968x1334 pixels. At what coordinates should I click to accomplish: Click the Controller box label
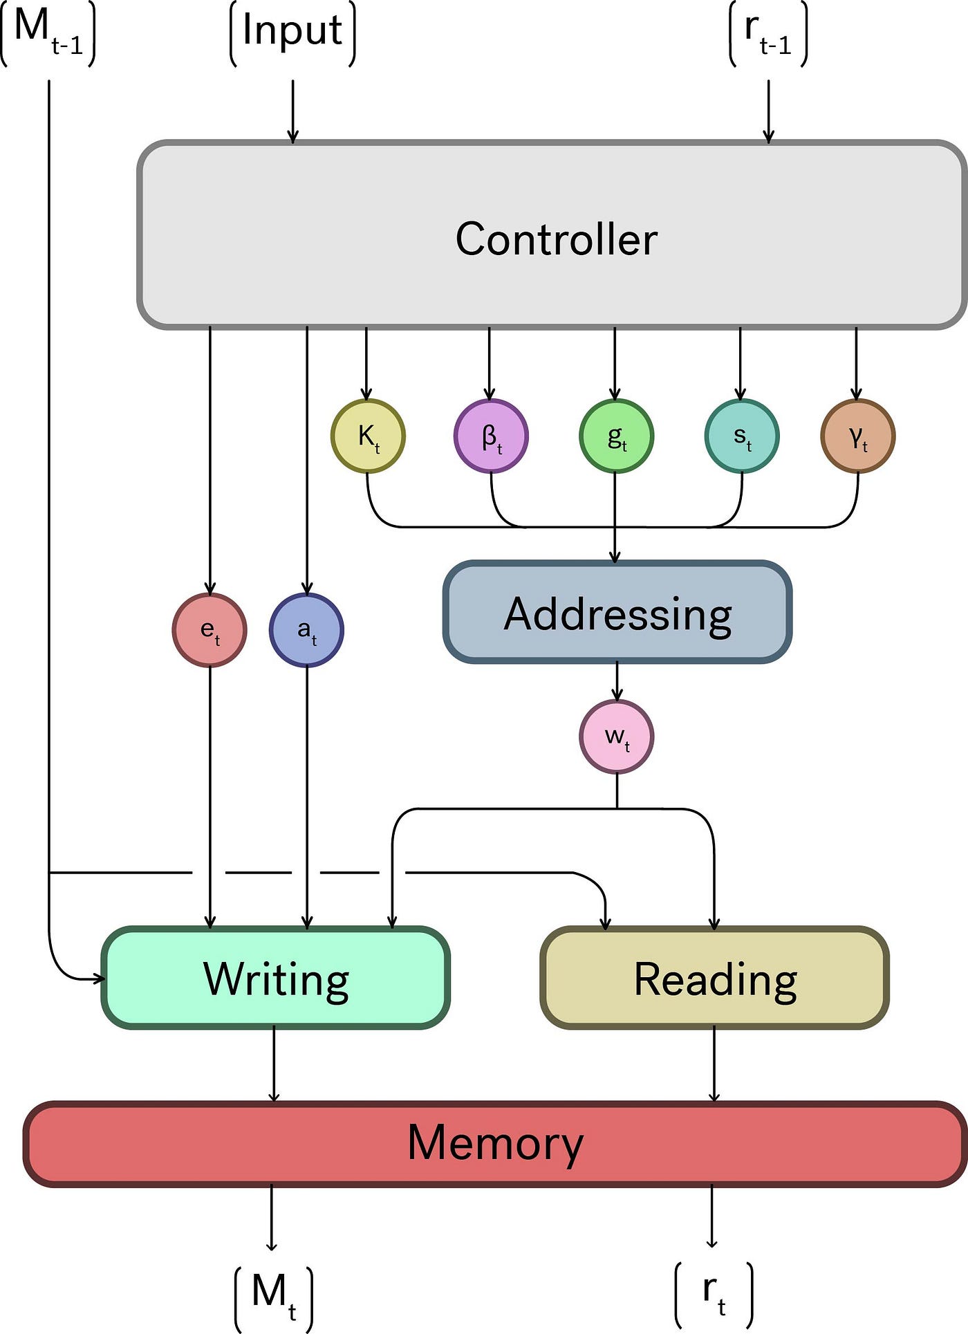click(x=556, y=239)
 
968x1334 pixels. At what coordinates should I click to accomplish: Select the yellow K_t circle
click(x=368, y=436)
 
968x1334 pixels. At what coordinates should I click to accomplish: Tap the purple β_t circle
click(x=491, y=436)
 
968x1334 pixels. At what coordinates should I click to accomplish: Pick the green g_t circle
click(x=616, y=436)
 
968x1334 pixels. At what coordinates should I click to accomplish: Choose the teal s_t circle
click(x=742, y=436)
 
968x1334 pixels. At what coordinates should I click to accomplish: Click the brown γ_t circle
click(x=858, y=436)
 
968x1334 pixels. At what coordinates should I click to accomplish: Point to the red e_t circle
click(x=210, y=630)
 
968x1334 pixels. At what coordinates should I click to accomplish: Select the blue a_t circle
click(x=306, y=630)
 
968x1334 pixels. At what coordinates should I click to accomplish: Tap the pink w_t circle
click(x=617, y=737)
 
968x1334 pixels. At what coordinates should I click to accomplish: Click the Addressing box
click(x=617, y=613)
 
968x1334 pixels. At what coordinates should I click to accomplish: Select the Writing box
click(x=276, y=979)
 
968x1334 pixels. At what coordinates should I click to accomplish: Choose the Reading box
click(x=715, y=979)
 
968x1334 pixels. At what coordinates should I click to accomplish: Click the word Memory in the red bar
click(x=495, y=1143)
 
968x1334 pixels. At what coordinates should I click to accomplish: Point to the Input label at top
click(x=292, y=31)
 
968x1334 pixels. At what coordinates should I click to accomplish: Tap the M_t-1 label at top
click(x=48, y=31)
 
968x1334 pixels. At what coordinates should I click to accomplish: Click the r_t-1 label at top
click(x=768, y=33)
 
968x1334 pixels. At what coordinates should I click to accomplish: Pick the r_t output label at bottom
click(x=714, y=1293)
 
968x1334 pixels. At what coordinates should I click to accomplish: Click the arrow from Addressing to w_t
click(x=617, y=681)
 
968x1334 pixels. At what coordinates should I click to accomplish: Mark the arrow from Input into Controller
click(x=292, y=111)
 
